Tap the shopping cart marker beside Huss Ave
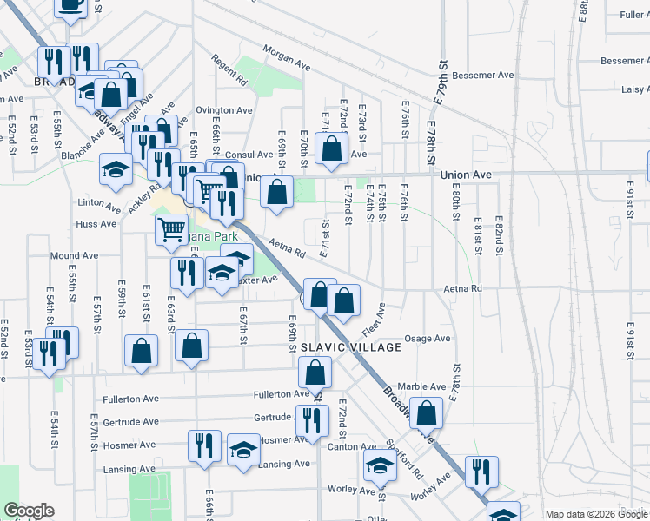(x=171, y=229)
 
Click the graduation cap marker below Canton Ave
(x=379, y=466)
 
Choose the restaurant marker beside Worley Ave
(x=481, y=472)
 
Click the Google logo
(x=29, y=511)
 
